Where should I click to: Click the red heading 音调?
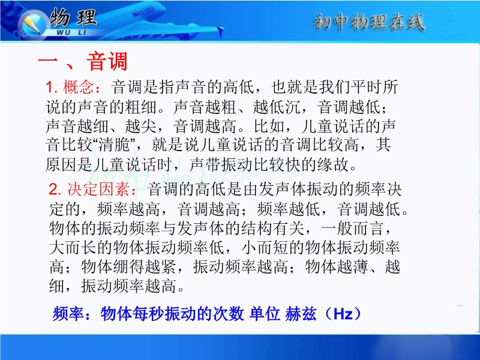(x=107, y=62)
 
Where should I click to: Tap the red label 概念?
(x=79, y=87)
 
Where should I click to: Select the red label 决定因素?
(x=98, y=189)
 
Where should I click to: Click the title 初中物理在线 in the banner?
(x=368, y=22)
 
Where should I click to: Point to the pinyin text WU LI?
(x=71, y=32)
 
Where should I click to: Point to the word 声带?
(x=205, y=164)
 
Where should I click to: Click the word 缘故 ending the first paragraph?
(x=334, y=164)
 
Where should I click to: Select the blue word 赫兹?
(x=301, y=313)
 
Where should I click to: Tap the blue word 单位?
(x=265, y=313)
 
